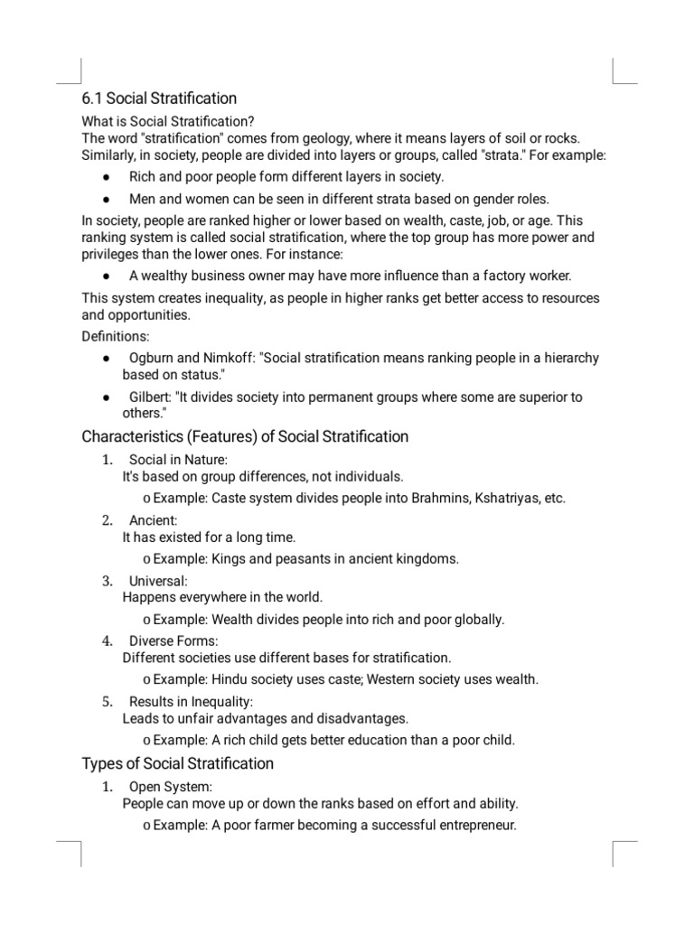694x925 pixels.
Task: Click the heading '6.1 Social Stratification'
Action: coord(159,98)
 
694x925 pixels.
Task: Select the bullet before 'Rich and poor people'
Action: coord(107,177)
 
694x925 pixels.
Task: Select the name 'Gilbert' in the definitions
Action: coord(152,397)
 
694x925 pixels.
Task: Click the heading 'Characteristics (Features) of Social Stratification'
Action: coord(245,437)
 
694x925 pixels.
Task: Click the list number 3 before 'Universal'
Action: coord(106,580)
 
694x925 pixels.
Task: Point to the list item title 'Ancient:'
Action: coord(153,520)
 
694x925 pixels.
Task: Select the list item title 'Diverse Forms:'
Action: coord(173,640)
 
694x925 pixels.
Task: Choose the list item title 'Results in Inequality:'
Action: coord(191,701)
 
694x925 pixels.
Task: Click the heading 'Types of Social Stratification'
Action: coord(177,764)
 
